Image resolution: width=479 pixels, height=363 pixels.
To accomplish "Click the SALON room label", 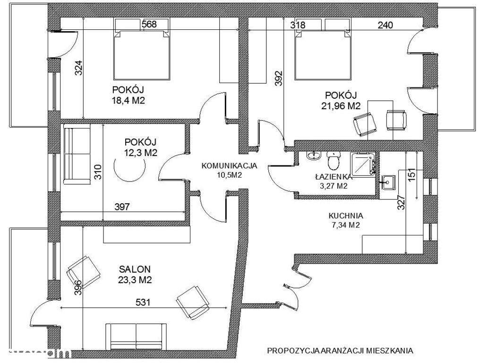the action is pos(135,269).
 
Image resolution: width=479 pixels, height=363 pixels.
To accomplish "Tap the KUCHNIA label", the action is pos(346,216).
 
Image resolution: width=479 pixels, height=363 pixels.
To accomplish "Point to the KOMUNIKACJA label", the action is pos(230,166).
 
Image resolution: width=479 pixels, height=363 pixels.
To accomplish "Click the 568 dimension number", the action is pos(149,24).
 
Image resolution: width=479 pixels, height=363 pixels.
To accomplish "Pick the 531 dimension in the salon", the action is pos(143,302).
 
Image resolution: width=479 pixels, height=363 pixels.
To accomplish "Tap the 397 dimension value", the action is pos(122,207).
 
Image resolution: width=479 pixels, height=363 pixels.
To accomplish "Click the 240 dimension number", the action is pos(385,25).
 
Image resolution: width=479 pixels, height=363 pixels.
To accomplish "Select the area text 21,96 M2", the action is pos(341,106).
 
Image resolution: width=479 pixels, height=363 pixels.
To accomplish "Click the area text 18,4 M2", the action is pos(128,101).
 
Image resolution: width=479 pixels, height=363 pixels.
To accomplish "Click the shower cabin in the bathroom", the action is pos(363,164).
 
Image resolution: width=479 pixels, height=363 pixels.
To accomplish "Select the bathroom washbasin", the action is pos(313,156).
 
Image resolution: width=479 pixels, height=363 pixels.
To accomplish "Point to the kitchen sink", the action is pos(388,182).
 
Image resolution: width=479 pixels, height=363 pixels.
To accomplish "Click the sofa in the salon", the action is pos(136,337).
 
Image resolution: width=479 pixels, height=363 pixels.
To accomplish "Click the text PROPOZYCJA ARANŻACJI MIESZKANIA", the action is pos(340,350).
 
